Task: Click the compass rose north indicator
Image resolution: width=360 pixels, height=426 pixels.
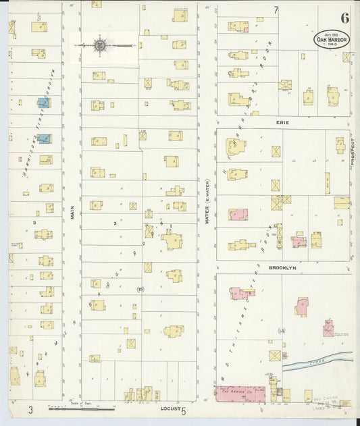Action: tap(101, 45)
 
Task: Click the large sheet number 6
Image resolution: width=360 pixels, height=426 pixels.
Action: tap(344, 18)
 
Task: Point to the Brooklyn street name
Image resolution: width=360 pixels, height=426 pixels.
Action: tap(282, 267)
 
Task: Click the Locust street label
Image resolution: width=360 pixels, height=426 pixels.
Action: tap(170, 408)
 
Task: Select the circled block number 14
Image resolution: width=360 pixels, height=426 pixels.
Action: tap(282, 330)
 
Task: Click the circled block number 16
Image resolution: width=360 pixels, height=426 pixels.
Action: tap(140, 290)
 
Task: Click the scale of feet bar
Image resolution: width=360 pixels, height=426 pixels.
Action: tap(81, 408)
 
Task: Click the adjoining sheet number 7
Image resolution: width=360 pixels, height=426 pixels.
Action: tap(276, 10)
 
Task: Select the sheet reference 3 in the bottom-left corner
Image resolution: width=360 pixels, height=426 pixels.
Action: tap(30, 409)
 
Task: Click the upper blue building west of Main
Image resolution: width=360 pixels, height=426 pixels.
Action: tap(44, 103)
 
